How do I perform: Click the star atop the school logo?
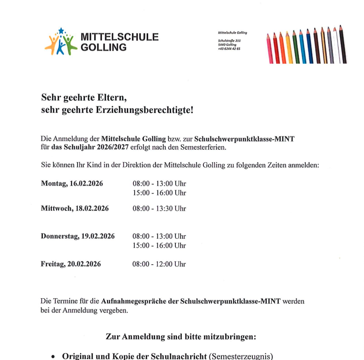[61, 31]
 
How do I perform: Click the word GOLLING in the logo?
[103, 47]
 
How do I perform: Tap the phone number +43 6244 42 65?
[229, 48]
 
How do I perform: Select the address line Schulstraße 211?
[229, 41]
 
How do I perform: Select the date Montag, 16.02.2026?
[72, 183]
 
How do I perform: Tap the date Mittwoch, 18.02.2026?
[75, 208]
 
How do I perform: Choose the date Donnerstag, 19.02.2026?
[78, 236]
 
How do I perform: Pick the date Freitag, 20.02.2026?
[71, 264]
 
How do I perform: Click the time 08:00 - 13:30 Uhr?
[159, 208]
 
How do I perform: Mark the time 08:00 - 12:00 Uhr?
[159, 264]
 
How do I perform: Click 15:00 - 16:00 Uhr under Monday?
[159, 193]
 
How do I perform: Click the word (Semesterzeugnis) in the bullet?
[240, 355]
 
